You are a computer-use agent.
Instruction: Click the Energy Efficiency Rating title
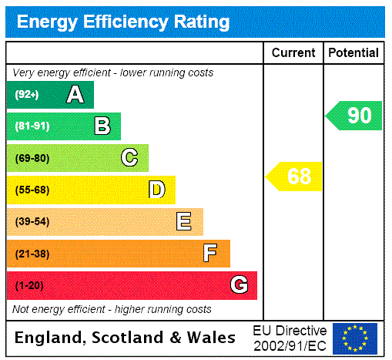pos(123,22)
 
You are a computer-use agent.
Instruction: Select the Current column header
pos(293,53)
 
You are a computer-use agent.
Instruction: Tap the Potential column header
pos(353,53)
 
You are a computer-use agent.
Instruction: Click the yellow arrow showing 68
pos(295,177)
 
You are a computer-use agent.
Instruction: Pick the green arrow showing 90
pos(355,116)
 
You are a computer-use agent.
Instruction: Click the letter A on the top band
pos(75,95)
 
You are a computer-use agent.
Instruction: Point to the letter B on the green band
pos(102,126)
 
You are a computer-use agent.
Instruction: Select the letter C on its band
pos(129,158)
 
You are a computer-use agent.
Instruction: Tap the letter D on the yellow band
pos(157,190)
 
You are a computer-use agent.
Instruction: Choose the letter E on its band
pos(184,222)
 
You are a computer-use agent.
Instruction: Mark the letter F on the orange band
pos(210,254)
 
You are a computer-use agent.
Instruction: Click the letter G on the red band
pos(239,286)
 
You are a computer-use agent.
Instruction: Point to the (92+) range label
pos(28,95)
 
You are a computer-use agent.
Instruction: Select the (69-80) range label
pos(32,158)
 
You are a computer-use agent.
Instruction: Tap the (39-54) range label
pos(32,222)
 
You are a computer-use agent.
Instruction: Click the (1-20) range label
pos(29,286)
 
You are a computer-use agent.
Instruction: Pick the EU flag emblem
pos(355,338)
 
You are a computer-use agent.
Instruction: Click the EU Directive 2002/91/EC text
pos(290,338)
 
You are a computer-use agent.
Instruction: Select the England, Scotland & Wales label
pos(126,338)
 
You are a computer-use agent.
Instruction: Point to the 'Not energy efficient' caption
pos(112,309)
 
